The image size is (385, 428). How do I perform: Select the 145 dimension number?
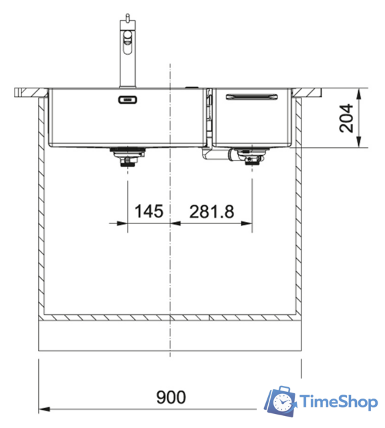pyautogui.click(x=149, y=212)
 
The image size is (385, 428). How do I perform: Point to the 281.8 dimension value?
pyautogui.click(x=212, y=212)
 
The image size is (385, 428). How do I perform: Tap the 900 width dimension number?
pyautogui.click(x=170, y=397)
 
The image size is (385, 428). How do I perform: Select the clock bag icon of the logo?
pyautogui.click(x=281, y=402)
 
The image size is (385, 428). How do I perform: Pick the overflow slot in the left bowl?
pyautogui.click(x=127, y=100)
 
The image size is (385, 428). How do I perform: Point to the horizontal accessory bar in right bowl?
pyautogui.click(x=253, y=97)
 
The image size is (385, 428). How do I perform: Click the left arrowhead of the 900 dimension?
pyautogui.click(x=43, y=407)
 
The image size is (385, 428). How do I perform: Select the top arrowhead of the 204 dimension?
pyautogui.click(x=360, y=94)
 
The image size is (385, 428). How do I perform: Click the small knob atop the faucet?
pyautogui.click(x=124, y=15)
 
